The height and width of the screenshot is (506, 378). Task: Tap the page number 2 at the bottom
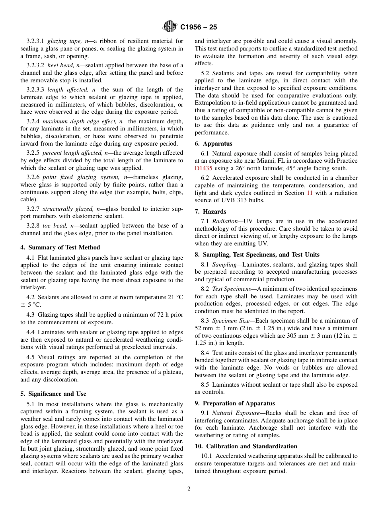[189, 489]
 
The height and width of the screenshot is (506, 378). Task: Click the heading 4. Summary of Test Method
[60, 247]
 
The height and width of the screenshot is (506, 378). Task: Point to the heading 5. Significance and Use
[53, 394]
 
